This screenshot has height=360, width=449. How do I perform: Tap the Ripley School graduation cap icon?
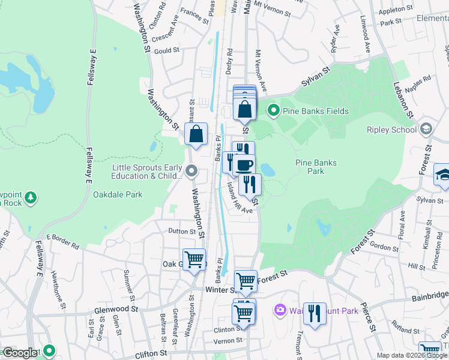point(426,129)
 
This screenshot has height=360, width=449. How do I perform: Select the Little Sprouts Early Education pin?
point(191,172)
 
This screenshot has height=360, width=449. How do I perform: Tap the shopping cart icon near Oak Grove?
point(194,260)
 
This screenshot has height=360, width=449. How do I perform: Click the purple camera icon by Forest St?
point(280,310)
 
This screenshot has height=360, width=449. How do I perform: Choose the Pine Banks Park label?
point(316,167)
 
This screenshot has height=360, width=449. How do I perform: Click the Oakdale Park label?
point(118,194)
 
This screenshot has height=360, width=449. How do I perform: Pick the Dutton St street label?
point(182,231)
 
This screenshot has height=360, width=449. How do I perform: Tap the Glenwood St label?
point(116,310)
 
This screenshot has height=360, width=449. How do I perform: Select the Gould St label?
point(167,51)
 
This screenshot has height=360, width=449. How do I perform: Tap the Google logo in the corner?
point(19,353)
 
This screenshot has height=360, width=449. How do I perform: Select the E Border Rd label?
point(62,241)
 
